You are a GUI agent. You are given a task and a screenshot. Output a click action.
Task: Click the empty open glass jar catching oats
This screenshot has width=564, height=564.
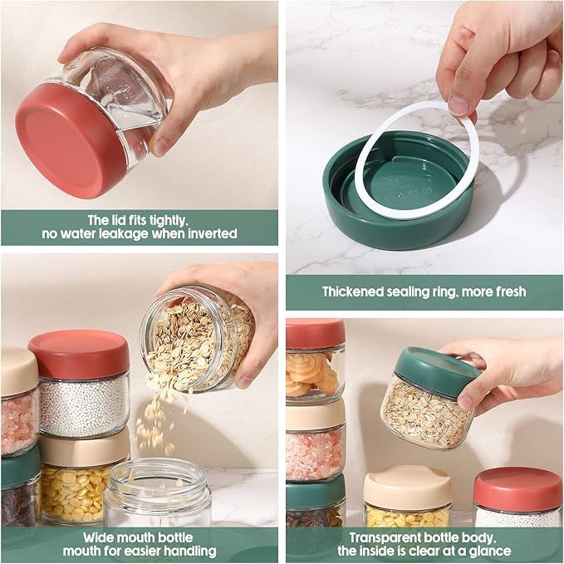coord(158,493)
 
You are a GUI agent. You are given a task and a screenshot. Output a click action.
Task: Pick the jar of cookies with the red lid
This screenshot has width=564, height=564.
coord(316,360)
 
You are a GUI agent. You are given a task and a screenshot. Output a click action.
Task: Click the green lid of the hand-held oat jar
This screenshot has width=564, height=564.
coord(437,371)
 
